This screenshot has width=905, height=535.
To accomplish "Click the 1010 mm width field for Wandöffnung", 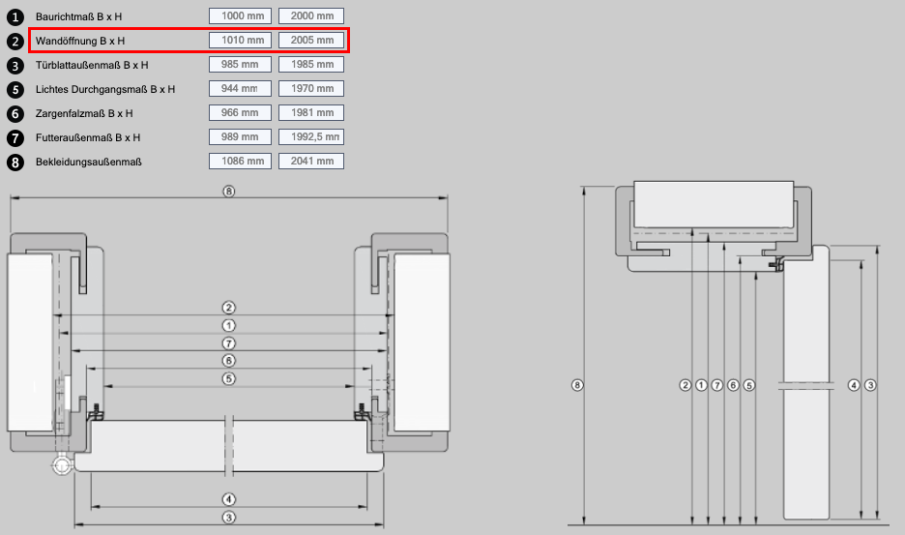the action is [240, 41].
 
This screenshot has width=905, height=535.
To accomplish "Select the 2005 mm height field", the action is [311, 41].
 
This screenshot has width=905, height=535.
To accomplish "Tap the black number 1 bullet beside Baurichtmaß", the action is [15, 17].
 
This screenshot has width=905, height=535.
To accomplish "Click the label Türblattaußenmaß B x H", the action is [92, 65].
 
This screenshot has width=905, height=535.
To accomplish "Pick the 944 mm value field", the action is [240, 88].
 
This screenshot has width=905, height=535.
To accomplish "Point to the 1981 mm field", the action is [311, 112].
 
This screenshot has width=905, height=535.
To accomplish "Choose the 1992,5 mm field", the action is [311, 137].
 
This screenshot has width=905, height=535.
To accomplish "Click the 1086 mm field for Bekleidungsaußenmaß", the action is [240, 162].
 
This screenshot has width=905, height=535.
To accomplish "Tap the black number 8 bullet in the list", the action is [15, 163].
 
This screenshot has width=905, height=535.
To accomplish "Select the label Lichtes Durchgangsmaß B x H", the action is [105, 90].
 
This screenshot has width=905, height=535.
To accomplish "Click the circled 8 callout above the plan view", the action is [229, 192].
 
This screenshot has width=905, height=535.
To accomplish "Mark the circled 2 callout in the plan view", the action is [229, 308].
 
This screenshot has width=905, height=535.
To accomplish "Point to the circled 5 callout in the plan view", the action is [229, 379].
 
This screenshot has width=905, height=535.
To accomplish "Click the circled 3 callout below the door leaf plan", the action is [229, 518].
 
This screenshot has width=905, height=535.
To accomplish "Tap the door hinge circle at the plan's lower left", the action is [61, 464].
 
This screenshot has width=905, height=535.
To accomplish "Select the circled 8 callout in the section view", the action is [577, 385].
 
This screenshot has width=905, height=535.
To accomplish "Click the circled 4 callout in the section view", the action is [854, 385].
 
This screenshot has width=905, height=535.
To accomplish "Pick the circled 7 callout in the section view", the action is [717, 385].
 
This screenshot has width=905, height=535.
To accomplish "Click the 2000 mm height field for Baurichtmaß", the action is [311, 16].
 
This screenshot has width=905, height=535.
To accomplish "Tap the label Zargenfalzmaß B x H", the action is [84, 114].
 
